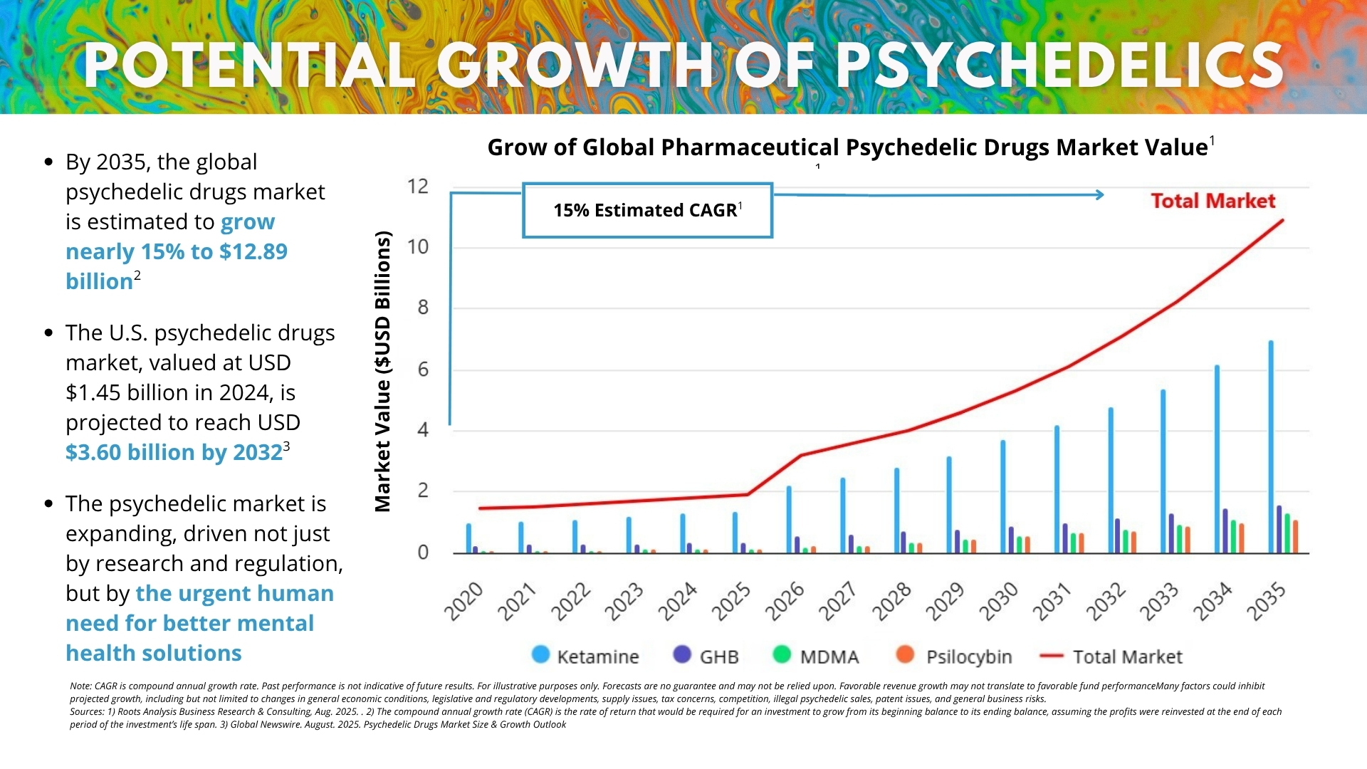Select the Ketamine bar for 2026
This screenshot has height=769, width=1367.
789,520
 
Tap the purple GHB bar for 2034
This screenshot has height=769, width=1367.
1225,531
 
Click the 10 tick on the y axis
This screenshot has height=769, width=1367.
418,247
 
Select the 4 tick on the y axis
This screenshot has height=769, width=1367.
423,430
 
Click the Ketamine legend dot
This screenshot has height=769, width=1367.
541,655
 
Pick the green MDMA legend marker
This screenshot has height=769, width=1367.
782,655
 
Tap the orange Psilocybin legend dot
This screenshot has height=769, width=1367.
905,655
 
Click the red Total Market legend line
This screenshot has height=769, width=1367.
1052,656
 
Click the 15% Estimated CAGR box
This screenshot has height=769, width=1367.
647,210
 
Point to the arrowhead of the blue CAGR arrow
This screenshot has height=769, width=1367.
1100,194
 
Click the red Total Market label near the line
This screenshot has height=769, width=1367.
1213,201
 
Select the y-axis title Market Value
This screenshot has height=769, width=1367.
383,371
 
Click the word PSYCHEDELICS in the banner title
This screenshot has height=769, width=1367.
1060,66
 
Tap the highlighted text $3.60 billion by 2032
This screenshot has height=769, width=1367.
174,452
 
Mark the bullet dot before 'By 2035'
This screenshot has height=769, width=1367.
48,162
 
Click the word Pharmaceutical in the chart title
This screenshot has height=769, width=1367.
748,147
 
